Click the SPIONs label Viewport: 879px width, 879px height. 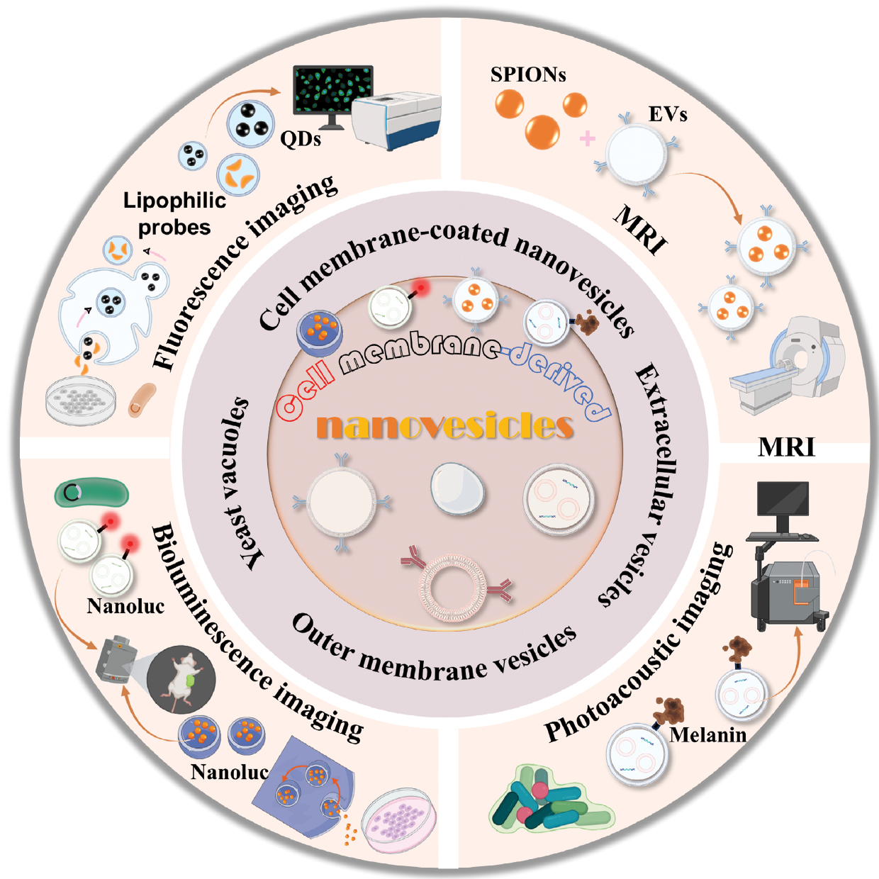tap(528, 74)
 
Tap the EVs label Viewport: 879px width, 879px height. tap(668, 114)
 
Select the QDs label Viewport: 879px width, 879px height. tap(301, 139)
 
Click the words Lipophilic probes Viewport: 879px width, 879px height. tap(174, 213)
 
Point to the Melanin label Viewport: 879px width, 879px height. tap(708, 734)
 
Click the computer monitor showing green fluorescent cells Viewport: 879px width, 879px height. tap(332, 91)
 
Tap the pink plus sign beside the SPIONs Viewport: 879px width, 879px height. tap(588, 138)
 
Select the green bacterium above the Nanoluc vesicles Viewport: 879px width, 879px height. tap(92, 493)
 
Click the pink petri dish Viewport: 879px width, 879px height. tap(398, 820)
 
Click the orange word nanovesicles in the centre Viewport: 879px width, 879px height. tap(445, 426)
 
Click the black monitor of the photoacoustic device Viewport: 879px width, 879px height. tap(783, 500)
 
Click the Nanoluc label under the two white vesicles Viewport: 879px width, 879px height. tap(125, 606)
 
